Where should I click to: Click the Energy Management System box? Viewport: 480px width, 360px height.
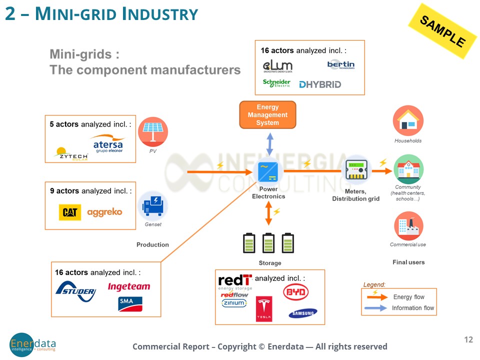267,115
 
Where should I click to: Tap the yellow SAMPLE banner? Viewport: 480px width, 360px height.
442,31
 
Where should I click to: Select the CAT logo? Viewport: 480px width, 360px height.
69,212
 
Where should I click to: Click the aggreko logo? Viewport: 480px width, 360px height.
104,212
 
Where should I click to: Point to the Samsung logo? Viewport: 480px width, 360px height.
302,313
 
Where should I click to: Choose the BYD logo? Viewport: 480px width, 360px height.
296,292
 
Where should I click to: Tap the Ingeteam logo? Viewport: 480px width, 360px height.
128,287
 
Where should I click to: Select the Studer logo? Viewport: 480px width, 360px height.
75,291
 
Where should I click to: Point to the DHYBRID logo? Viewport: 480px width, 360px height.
320,84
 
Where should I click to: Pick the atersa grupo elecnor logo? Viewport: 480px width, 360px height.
108,144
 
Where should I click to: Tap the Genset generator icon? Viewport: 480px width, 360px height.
152,205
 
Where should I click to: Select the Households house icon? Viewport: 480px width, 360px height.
408,121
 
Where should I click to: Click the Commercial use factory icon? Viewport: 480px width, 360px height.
408,226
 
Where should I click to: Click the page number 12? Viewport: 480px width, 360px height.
468,340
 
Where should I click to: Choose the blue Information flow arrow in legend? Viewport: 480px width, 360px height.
376,308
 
